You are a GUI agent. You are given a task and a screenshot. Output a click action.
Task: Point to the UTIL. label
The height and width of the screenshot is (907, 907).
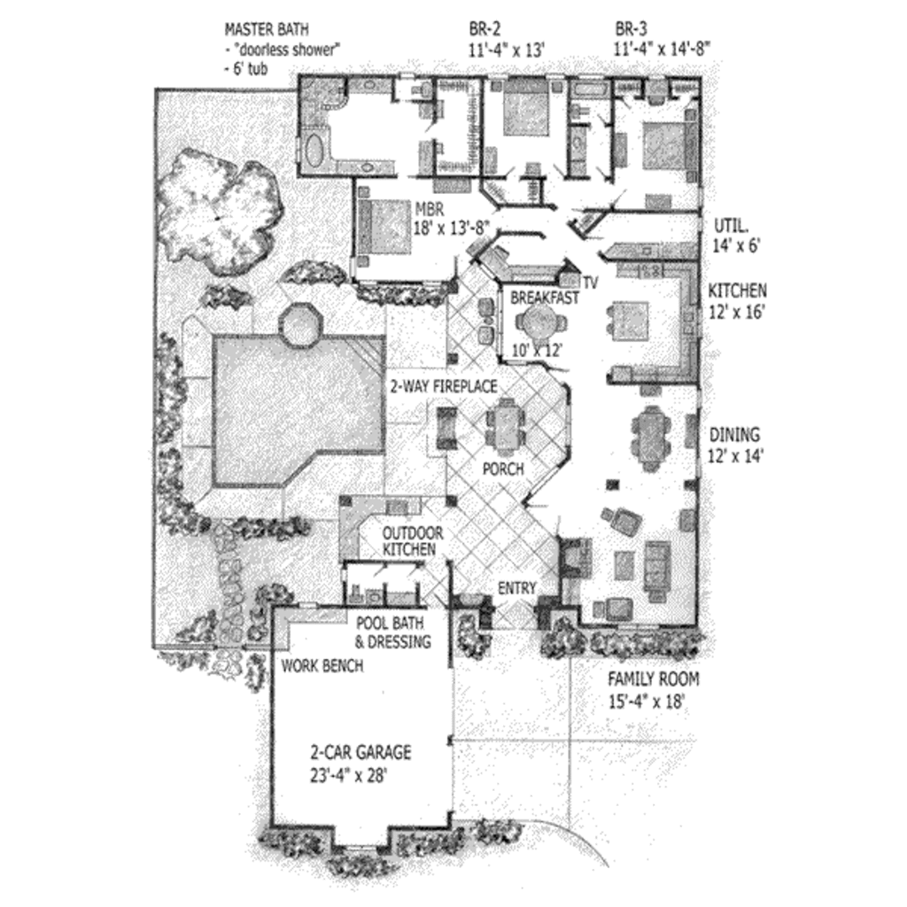click(729, 224)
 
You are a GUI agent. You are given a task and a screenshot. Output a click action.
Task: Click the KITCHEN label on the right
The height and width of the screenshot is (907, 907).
click(737, 291)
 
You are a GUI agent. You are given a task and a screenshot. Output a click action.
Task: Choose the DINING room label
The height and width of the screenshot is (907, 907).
click(734, 435)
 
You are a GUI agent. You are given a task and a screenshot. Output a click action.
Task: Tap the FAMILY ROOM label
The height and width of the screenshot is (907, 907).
click(653, 679)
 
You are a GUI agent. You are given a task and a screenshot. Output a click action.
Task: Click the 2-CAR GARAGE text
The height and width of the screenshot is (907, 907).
click(360, 753)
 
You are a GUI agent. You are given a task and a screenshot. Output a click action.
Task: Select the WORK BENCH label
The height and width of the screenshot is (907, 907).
click(322, 665)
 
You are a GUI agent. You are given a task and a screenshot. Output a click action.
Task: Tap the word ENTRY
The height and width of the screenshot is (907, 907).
click(516, 588)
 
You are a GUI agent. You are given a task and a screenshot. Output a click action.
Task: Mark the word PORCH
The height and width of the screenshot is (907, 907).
click(502, 469)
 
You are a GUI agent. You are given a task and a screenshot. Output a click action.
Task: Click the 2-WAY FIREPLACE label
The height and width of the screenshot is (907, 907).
click(444, 386)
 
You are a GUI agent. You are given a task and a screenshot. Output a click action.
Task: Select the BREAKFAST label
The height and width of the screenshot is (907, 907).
click(544, 298)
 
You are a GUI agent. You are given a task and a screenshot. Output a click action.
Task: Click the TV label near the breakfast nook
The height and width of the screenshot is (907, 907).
click(590, 283)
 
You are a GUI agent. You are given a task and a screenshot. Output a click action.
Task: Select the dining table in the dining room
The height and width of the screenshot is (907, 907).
click(651, 435)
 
